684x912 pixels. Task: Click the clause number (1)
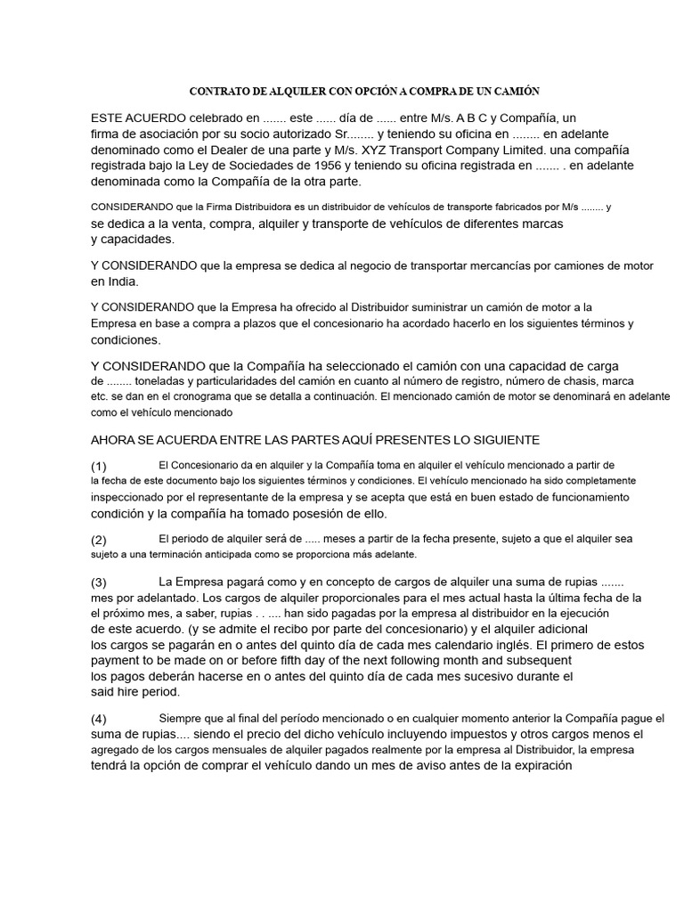(x=99, y=466)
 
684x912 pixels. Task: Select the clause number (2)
(x=99, y=540)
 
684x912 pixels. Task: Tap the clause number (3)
(x=99, y=582)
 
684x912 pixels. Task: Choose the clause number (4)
(x=99, y=719)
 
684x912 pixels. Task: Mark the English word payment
(x=116, y=660)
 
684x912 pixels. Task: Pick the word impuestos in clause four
(x=458, y=734)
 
